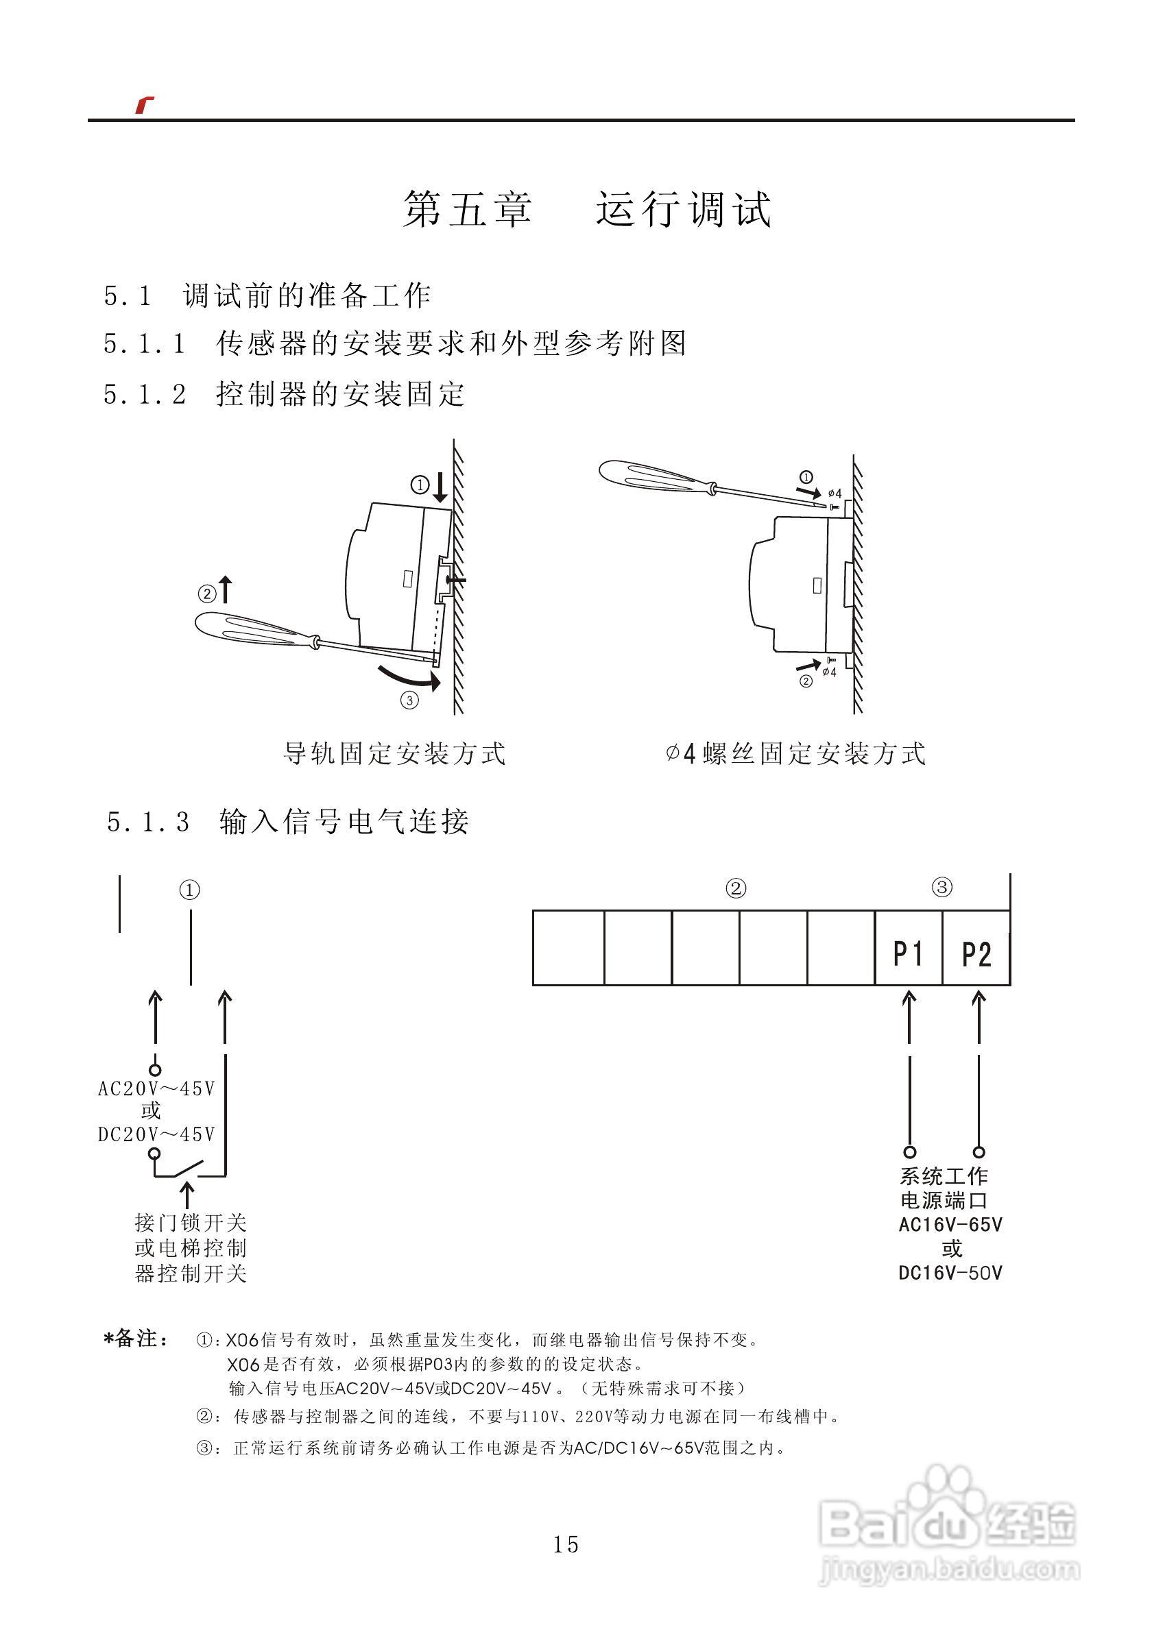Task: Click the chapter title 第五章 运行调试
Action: pos(588,209)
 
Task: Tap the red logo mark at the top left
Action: pos(145,105)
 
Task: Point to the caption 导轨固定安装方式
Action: pos(394,754)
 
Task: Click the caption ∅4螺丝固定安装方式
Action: pos(796,754)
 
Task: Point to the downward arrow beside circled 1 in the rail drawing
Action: pos(440,487)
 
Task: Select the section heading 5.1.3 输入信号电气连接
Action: pos(289,822)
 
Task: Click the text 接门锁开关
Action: pos(191,1223)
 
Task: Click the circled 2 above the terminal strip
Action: pos(736,888)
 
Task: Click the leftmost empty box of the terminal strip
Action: pos(568,947)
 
